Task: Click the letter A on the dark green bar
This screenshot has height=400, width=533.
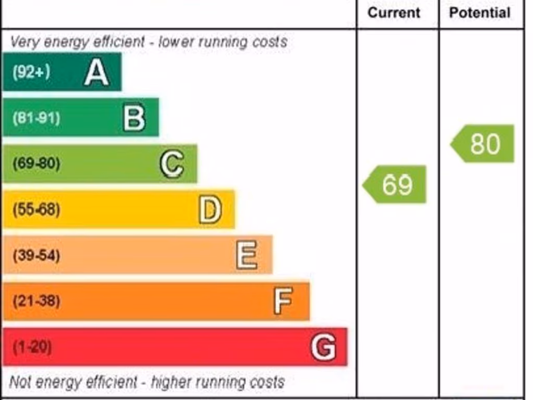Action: coord(96,72)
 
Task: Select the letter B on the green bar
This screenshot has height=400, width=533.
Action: coord(134,118)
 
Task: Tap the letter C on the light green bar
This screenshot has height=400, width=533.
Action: coord(171,164)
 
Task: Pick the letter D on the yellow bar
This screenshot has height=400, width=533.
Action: coord(210,209)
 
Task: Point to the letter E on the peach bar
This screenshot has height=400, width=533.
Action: coord(246,255)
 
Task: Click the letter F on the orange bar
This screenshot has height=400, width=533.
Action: coord(283,301)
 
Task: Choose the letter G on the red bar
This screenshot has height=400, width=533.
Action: coord(323,347)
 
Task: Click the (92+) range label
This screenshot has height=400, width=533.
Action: coord(31,72)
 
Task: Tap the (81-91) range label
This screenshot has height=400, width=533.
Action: coord(36,118)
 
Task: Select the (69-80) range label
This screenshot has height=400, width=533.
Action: coord(36,164)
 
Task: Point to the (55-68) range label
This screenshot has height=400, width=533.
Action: coord(36,209)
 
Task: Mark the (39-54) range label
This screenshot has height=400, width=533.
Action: coord(36,255)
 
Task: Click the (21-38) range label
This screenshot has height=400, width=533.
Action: coord(36,301)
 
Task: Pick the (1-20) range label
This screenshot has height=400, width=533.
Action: coord(32,347)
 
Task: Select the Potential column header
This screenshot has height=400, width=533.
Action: coord(480,12)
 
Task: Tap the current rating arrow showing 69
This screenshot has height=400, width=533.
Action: coord(395,184)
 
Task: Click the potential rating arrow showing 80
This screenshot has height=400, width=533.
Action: coord(483,144)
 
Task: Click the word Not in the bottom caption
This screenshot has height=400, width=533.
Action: coord(20,382)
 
